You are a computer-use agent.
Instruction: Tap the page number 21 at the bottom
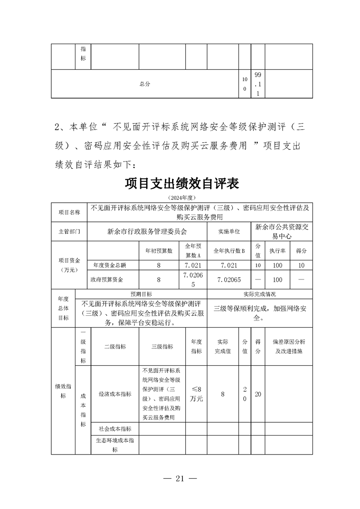(x=181, y=479)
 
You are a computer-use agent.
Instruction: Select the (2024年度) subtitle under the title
(x=181, y=198)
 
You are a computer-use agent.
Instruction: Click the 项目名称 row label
(x=69, y=212)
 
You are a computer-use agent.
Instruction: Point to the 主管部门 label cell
(x=69, y=231)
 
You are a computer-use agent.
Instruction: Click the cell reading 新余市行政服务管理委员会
(x=148, y=231)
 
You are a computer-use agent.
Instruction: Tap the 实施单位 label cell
(x=229, y=231)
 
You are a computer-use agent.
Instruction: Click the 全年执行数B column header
(x=229, y=251)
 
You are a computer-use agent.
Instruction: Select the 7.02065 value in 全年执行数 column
(x=229, y=279)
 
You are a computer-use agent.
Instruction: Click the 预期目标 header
(x=141, y=294)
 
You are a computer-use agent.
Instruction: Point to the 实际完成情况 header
(x=260, y=294)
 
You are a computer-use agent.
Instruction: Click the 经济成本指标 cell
(x=115, y=394)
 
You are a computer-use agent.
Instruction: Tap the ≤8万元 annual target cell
(x=197, y=394)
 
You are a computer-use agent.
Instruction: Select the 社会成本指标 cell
(x=115, y=429)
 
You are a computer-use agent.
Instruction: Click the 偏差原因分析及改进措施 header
(x=289, y=347)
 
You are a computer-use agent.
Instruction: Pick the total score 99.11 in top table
(x=257, y=84)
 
